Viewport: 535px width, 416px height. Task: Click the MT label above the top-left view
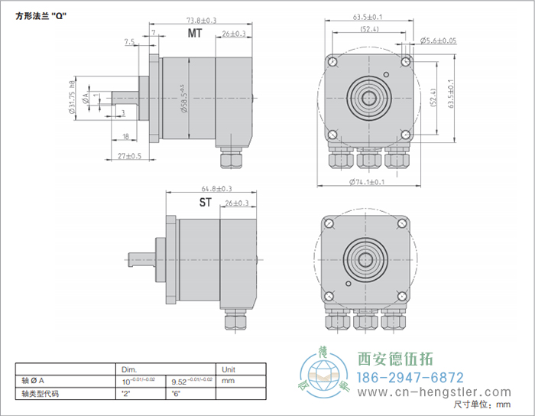pyautogui.click(x=196, y=34)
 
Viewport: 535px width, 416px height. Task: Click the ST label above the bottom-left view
pyautogui.click(x=206, y=202)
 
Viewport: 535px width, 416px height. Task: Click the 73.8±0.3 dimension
pyautogui.click(x=180, y=20)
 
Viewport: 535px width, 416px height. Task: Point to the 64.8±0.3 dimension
pyautogui.click(x=216, y=188)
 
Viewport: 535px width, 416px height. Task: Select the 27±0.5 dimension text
pyautogui.click(x=129, y=156)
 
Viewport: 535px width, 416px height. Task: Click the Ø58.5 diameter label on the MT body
pyautogui.click(x=183, y=99)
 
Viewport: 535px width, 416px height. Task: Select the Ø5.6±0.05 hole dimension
pyautogui.click(x=438, y=40)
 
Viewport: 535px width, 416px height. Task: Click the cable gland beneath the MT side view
pyautogui.click(x=230, y=159)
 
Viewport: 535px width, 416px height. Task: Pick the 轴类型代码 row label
pyautogui.click(x=41, y=394)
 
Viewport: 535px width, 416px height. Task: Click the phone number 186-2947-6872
pyautogui.click(x=411, y=378)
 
